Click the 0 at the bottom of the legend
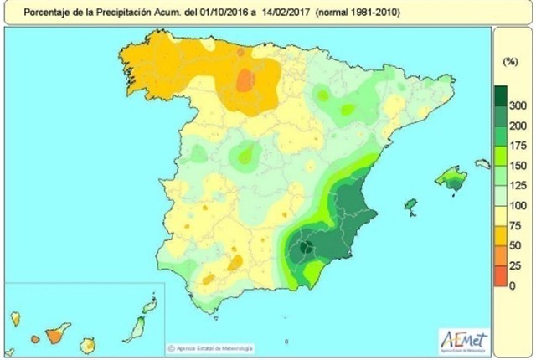tap(512, 285)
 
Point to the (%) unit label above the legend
tap(508, 63)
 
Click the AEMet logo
tap(463, 339)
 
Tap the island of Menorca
tap(482, 164)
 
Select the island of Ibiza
tap(410, 204)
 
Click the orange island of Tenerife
tap(56, 335)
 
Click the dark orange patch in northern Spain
tap(245, 80)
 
